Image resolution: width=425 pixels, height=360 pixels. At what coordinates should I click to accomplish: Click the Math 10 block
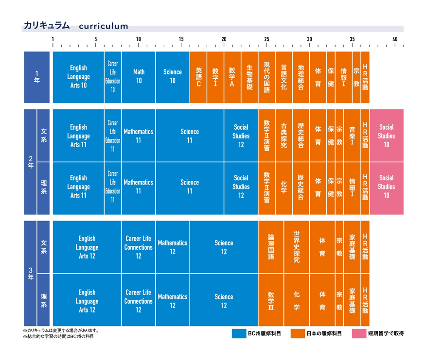click(x=139, y=77)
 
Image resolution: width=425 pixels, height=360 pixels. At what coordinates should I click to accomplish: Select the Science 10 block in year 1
click(x=173, y=77)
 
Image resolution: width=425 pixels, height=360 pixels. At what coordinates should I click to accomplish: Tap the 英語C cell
click(x=198, y=77)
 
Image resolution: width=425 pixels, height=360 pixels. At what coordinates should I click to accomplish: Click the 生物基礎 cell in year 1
click(x=249, y=77)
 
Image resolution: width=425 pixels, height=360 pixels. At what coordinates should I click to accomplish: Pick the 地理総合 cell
click(x=301, y=77)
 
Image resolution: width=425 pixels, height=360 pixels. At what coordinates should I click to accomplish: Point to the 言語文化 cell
click(x=284, y=77)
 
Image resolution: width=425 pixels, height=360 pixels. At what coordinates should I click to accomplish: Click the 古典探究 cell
click(x=284, y=136)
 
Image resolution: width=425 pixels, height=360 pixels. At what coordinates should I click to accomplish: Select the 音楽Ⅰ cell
click(x=352, y=136)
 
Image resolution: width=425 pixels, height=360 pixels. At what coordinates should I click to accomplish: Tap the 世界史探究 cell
click(x=297, y=247)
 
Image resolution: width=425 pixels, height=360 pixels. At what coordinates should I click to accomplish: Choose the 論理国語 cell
click(x=271, y=247)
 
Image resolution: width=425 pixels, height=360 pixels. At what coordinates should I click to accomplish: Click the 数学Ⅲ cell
click(x=271, y=300)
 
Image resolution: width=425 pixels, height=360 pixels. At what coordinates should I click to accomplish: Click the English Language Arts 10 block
click(x=78, y=77)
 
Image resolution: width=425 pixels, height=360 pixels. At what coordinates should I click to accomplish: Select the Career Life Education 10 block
click(x=113, y=77)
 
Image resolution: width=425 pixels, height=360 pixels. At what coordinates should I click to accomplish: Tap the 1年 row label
click(x=37, y=77)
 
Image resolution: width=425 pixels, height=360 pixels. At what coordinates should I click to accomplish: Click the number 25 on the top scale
click(x=266, y=39)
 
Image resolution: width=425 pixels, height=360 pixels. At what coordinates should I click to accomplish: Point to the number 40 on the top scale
click(x=395, y=39)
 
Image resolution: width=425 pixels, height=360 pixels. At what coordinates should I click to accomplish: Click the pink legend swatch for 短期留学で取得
click(x=359, y=333)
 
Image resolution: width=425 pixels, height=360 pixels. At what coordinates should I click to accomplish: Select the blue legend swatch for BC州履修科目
click(x=239, y=333)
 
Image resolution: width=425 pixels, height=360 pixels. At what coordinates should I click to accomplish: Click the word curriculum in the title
click(x=104, y=26)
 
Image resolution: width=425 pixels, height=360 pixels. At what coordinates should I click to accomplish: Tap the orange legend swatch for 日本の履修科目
click(x=298, y=333)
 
